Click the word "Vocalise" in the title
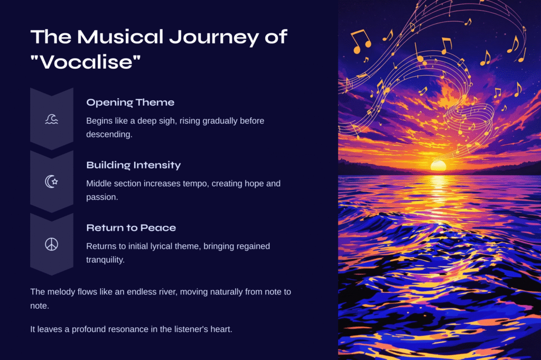(86, 62)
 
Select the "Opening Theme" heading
(130, 103)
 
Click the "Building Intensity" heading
(134, 165)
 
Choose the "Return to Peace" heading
(131, 228)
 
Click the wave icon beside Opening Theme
(52, 119)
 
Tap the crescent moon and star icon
(51, 181)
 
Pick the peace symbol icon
(51, 244)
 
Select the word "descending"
(108, 135)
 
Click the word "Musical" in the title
(120, 37)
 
